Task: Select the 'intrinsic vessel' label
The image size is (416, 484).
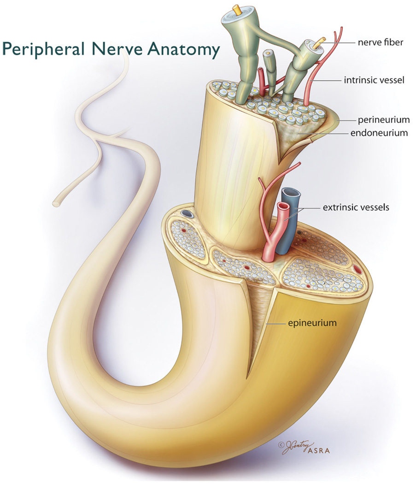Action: click(x=374, y=80)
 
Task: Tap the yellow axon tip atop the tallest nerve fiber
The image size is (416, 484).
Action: click(x=237, y=9)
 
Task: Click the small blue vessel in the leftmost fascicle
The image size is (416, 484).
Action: click(x=186, y=214)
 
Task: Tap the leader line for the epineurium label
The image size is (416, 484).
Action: click(x=276, y=324)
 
